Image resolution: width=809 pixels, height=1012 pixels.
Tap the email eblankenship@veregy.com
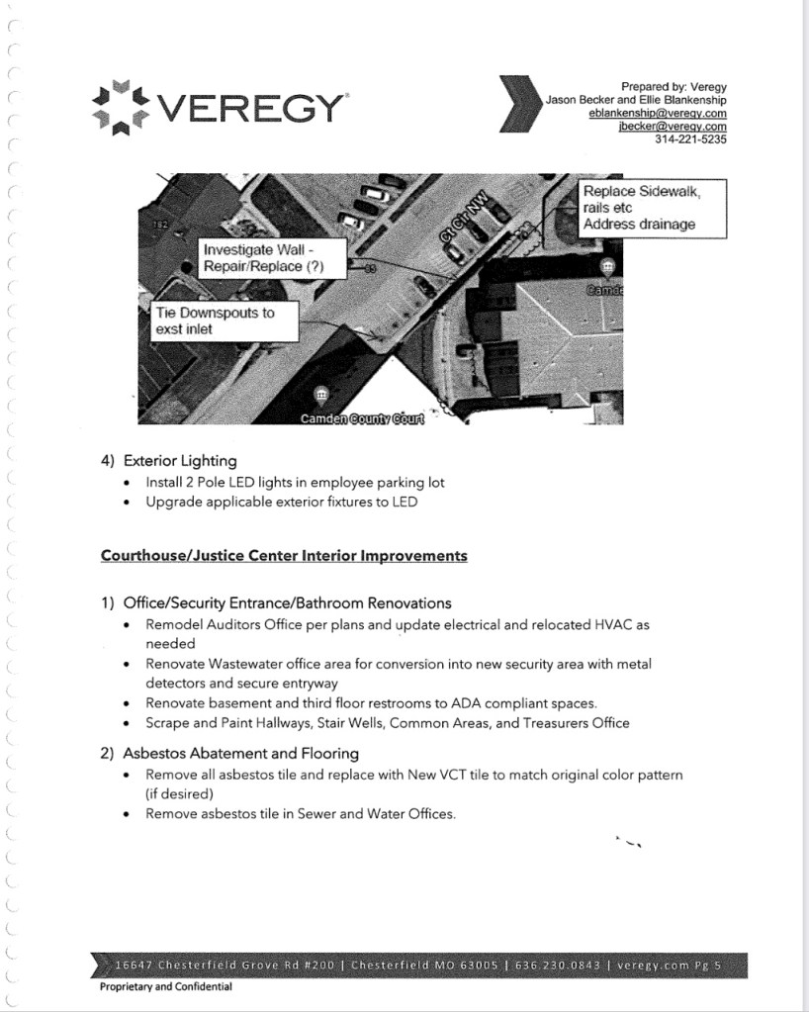point(657,114)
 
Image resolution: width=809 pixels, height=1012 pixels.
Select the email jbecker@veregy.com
point(672,127)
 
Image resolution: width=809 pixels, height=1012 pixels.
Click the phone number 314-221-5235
point(690,139)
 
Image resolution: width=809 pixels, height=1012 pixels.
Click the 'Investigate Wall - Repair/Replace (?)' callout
point(262,258)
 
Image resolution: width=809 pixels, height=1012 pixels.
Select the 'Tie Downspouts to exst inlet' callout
point(215,321)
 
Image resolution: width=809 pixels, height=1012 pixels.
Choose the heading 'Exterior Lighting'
point(179,460)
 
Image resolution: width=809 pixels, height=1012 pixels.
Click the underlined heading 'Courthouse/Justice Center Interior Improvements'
point(284,555)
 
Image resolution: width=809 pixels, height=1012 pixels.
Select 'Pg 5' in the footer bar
point(715,965)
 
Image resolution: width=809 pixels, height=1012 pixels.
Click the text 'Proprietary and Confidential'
point(165,986)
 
